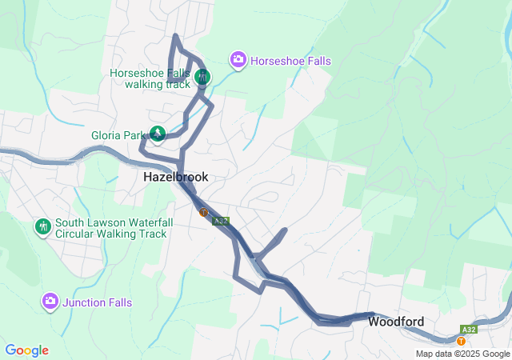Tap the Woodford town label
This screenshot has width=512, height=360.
pyautogui.click(x=396, y=322)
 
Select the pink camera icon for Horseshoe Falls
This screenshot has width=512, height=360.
pyautogui.click(x=238, y=60)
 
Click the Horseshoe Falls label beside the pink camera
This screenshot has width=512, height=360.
pyautogui.click(x=290, y=61)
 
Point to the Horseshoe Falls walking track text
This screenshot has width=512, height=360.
pyautogui.click(x=150, y=78)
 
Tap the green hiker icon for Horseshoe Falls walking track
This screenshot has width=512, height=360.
pyautogui.click(x=202, y=78)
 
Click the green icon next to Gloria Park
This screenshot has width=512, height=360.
pyautogui.click(x=158, y=134)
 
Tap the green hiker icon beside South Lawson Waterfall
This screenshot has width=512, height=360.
pyautogui.click(x=42, y=227)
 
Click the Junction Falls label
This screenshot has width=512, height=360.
pyautogui.click(x=98, y=302)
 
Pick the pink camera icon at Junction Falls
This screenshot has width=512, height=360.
pyautogui.click(x=50, y=302)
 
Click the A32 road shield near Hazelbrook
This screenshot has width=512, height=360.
pyautogui.click(x=222, y=221)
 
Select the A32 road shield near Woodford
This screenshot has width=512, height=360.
pyautogui.click(x=470, y=329)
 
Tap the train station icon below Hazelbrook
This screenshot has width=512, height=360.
pyautogui.click(x=204, y=213)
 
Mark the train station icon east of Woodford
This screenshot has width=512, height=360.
pyautogui.click(x=461, y=341)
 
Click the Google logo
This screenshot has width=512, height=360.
pyautogui.click(x=26, y=350)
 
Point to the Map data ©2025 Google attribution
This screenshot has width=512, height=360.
pyautogui.click(x=462, y=354)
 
